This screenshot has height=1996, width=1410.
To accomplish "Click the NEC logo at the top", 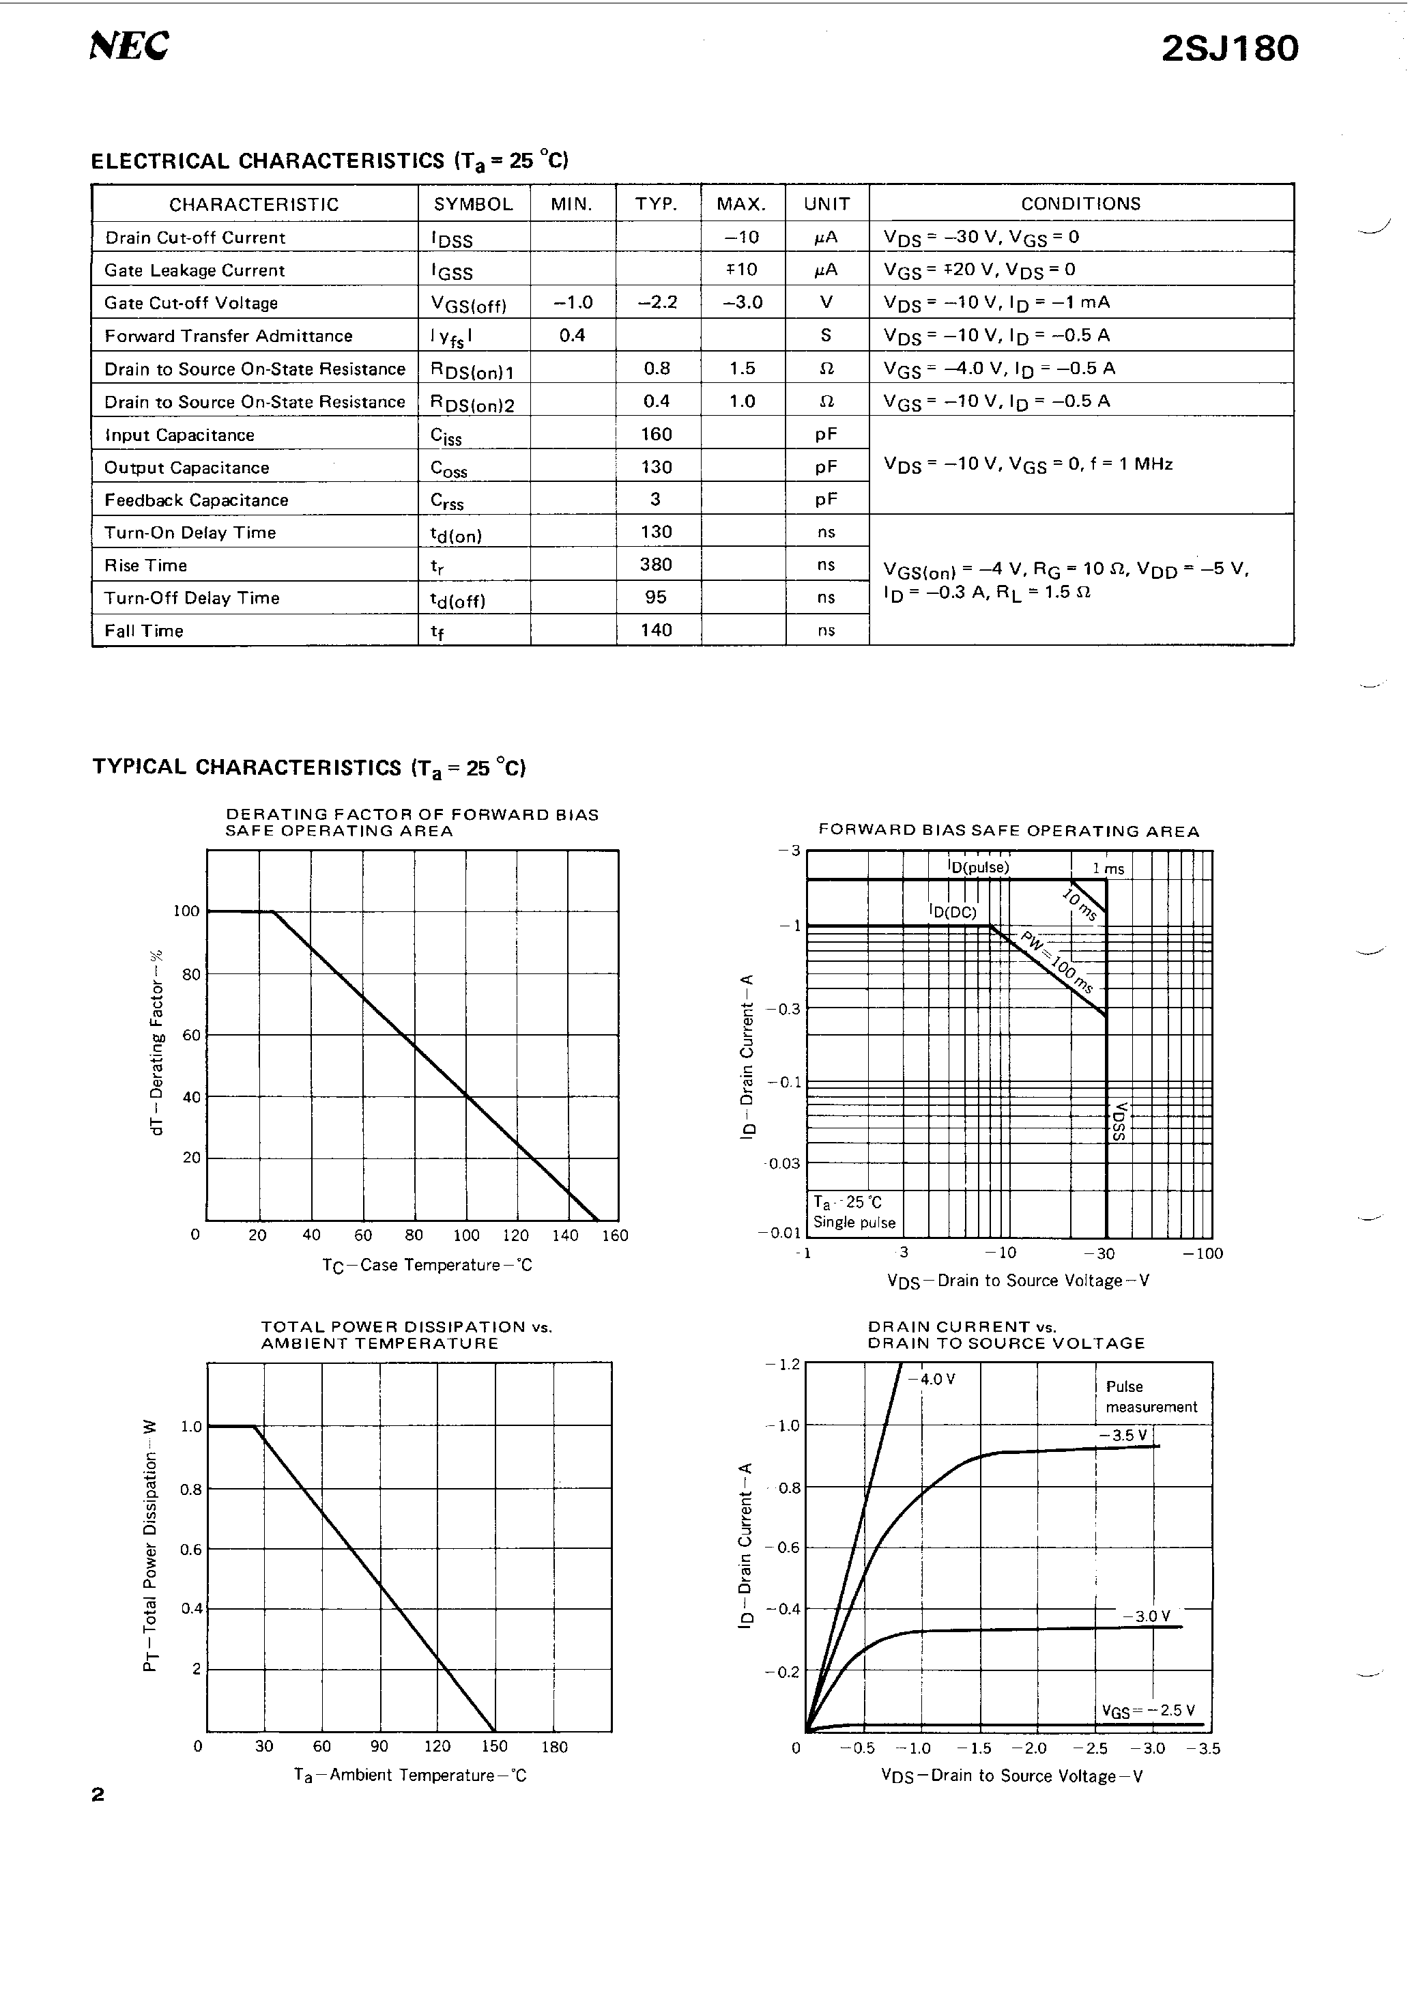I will click(x=129, y=46).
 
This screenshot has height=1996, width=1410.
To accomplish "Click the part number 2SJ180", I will click(x=1229, y=48).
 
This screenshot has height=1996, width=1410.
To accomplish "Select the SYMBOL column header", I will click(x=473, y=204).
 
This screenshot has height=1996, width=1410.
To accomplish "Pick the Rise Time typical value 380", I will click(x=655, y=565).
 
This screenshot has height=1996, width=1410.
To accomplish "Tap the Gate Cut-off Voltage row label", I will click(x=191, y=303).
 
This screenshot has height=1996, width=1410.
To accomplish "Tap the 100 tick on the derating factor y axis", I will click(x=186, y=911).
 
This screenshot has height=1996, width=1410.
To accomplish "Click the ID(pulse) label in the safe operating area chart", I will click(x=979, y=867).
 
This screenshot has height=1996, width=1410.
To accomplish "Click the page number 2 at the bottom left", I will click(x=98, y=1795).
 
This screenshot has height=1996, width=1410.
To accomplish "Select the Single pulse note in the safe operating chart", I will click(x=854, y=1223).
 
